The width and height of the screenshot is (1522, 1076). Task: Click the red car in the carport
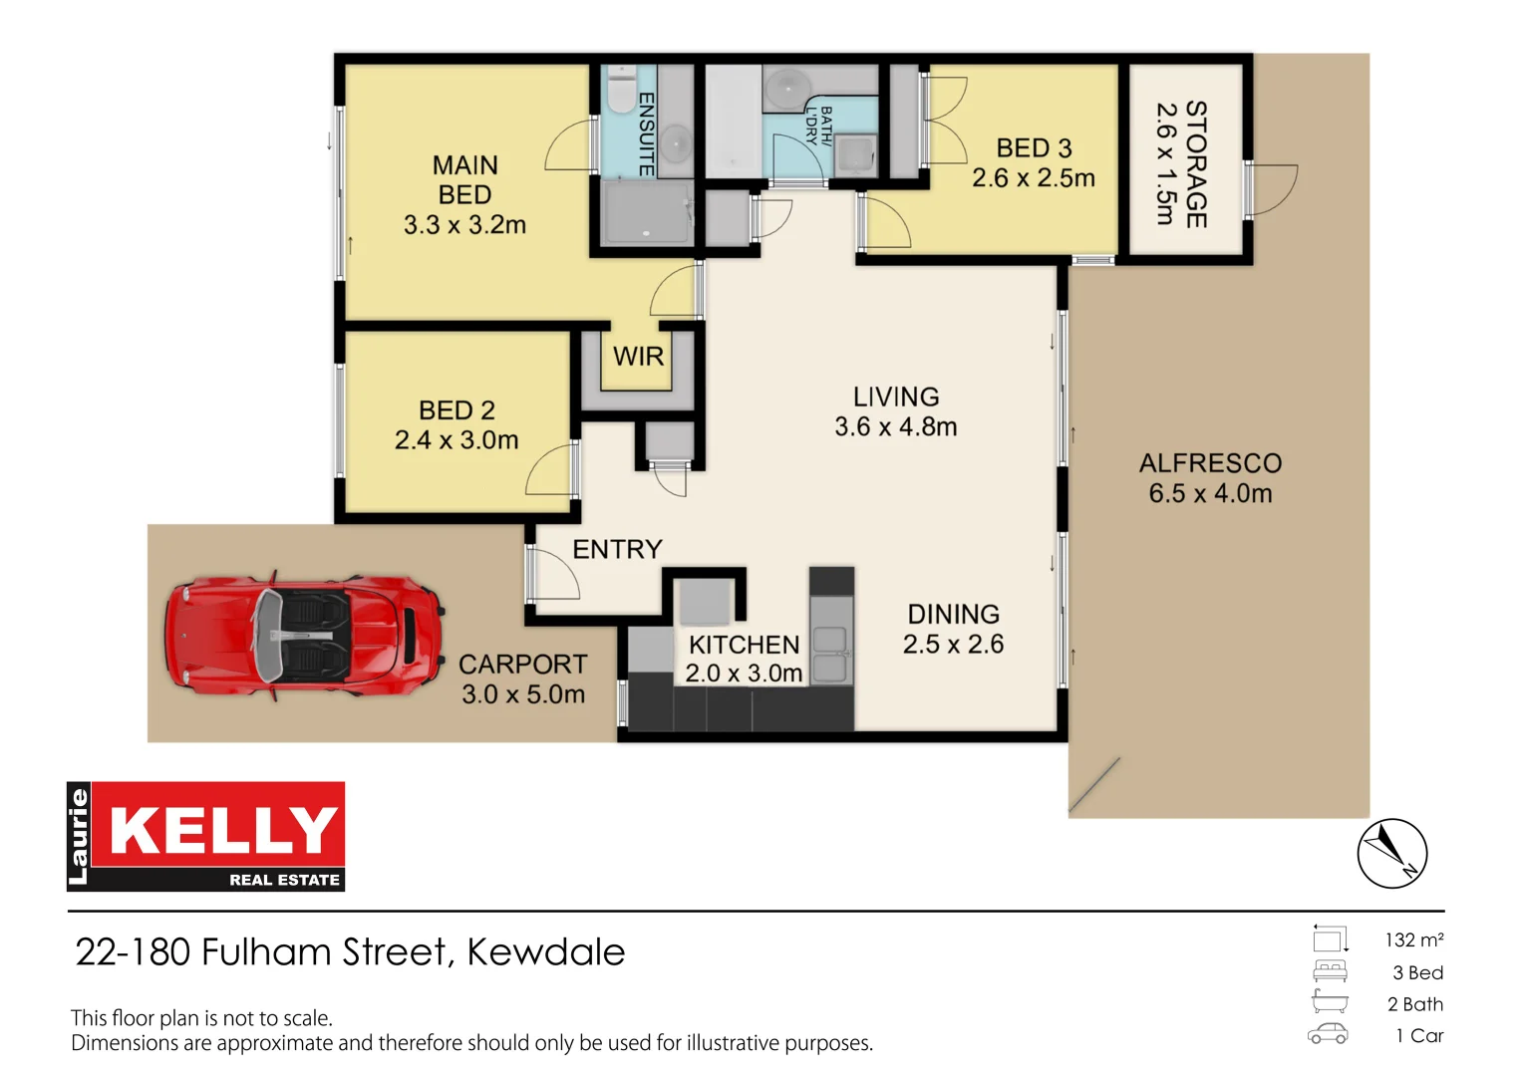304,634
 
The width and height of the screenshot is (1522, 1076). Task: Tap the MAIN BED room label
464,180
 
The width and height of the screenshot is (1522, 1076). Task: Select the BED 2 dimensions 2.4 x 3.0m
457,440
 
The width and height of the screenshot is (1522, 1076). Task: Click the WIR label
638,357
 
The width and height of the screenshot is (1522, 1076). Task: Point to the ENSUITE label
646,134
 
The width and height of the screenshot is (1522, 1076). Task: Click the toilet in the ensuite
622,90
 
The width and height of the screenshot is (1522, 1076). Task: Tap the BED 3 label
1034,148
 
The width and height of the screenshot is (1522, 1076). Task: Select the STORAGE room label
1196,164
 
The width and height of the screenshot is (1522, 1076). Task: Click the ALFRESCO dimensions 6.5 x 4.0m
1210,494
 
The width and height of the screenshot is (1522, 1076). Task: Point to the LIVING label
895,397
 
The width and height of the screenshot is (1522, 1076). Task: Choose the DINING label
953,615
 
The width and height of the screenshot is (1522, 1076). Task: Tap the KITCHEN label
744,646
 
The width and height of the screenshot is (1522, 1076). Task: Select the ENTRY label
617,550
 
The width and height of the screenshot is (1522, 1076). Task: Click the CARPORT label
522,665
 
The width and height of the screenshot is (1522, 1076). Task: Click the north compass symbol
1391,854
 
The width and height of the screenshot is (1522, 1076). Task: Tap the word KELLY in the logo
223,830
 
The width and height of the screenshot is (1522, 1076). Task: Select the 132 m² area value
1413,941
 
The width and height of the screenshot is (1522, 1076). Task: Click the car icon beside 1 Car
1328,1035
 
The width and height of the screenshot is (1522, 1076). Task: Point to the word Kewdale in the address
545,952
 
